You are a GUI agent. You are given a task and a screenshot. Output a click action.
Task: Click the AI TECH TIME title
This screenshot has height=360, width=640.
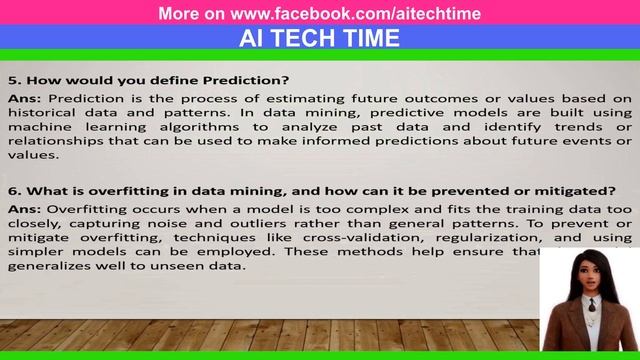320,38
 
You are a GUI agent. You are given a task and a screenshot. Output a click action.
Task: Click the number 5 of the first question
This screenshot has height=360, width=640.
12,80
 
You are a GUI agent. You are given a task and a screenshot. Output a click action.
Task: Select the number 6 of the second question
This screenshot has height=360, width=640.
12,190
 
